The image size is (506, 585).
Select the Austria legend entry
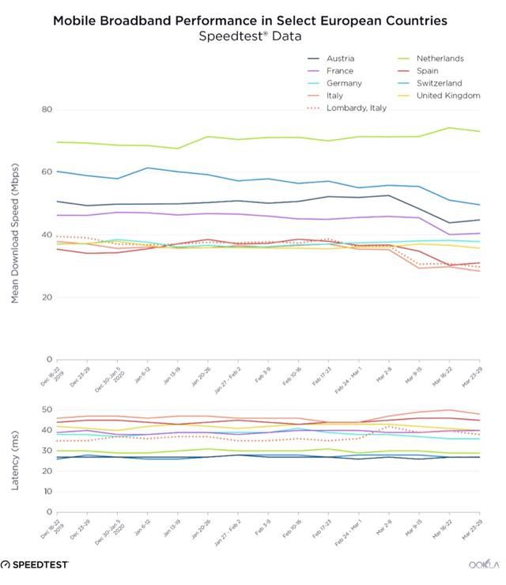coord(340,58)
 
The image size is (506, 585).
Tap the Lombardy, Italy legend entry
coord(356,108)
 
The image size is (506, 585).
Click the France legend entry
coord(339,71)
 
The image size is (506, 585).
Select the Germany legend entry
coord(344,83)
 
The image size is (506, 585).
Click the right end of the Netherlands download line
coord(480,131)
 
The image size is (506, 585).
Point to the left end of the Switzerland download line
coord(56,171)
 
